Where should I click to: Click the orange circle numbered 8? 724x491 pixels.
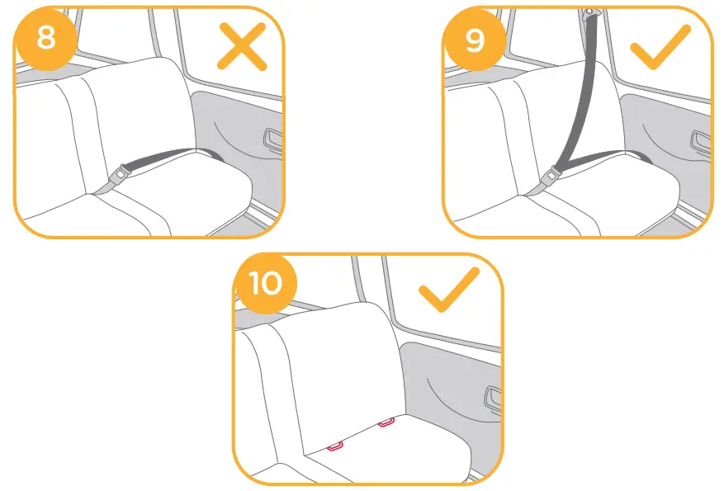coord(46,38)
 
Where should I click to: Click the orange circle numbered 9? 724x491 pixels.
coord(475,38)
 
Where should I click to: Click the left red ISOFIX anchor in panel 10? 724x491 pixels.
coord(334,446)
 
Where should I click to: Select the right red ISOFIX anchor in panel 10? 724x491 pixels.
coord(386,423)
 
